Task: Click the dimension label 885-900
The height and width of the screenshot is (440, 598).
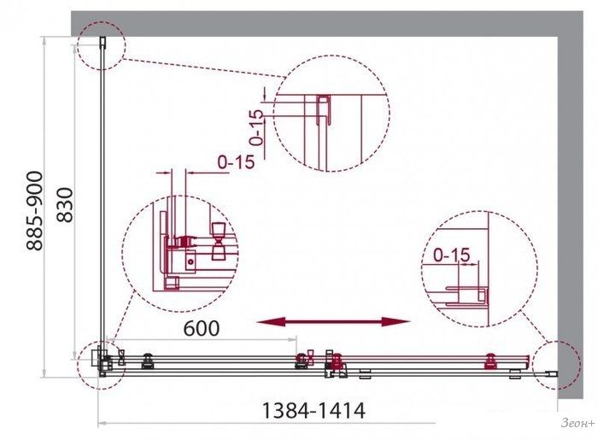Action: click(34, 211)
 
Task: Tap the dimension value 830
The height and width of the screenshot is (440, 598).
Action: click(65, 205)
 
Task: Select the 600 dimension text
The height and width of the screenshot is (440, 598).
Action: click(202, 328)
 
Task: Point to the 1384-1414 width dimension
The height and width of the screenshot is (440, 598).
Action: click(314, 411)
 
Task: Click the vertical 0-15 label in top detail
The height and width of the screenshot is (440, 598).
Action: click(256, 128)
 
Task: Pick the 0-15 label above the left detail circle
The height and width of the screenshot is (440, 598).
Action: click(236, 162)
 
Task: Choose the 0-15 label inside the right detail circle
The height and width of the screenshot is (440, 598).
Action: click(452, 255)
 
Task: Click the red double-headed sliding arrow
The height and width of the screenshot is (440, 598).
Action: click(334, 322)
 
